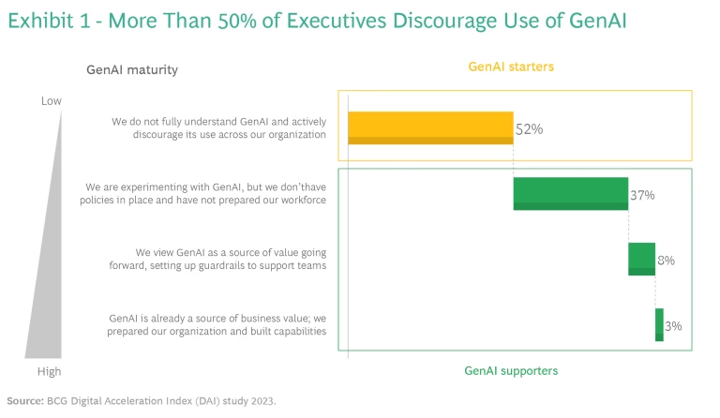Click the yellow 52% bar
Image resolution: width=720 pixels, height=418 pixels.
click(430, 127)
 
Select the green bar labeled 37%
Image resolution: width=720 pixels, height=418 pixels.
click(570, 193)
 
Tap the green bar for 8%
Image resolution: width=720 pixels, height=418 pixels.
click(641, 259)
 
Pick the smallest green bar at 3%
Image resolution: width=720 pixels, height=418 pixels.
click(659, 324)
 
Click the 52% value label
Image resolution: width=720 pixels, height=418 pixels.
click(530, 129)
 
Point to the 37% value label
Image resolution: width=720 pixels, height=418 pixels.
click(642, 195)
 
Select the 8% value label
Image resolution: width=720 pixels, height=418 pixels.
click(667, 260)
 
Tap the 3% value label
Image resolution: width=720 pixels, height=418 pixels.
click(673, 325)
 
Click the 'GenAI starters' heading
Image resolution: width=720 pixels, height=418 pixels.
click(512, 67)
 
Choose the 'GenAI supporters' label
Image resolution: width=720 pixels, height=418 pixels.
click(511, 371)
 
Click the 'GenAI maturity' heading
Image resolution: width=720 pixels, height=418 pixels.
click(132, 69)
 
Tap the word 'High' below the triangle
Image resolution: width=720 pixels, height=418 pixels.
click(50, 371)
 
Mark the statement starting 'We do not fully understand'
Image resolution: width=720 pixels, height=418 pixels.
click(218, 127)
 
